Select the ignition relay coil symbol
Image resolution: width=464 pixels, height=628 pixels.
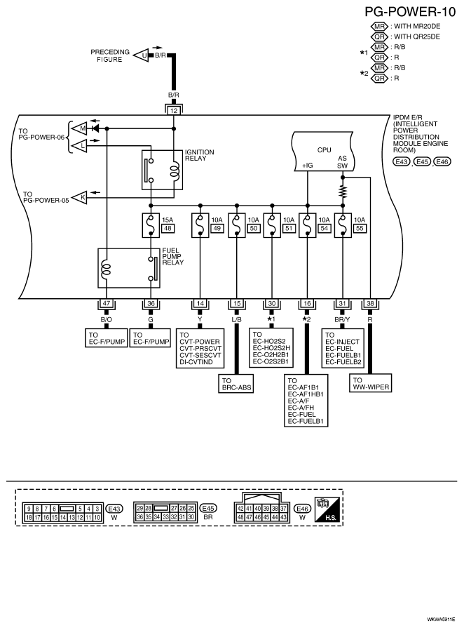pos(168,170)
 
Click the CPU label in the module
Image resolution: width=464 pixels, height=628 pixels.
pos(324,149)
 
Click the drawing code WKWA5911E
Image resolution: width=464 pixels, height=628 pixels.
pos(440,621)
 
